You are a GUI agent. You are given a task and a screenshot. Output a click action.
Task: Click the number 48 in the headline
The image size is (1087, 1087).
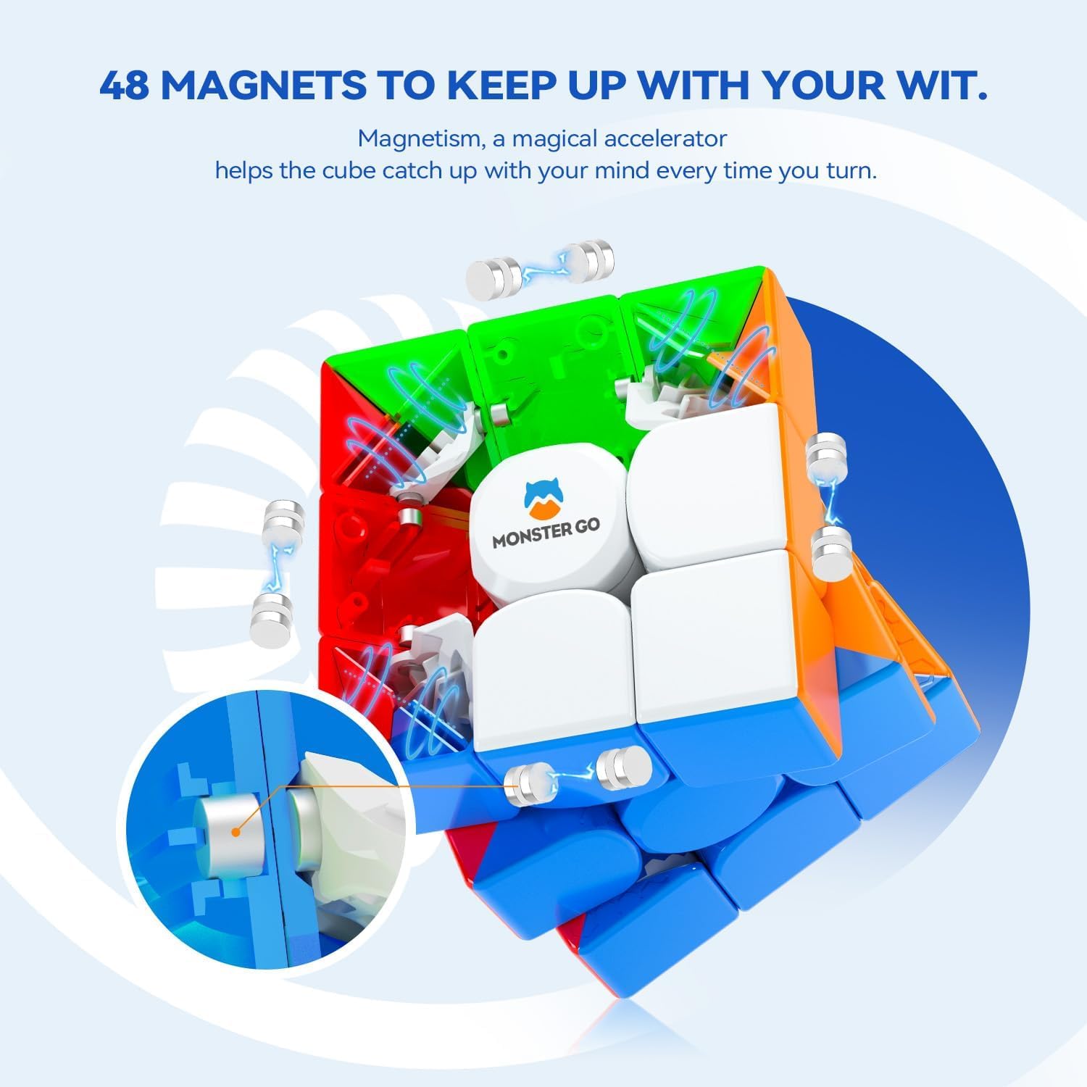[125, 86]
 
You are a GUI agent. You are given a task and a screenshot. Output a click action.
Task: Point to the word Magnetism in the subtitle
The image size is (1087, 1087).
[420, 138]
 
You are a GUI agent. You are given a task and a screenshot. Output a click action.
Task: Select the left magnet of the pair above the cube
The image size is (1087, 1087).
[493, 275]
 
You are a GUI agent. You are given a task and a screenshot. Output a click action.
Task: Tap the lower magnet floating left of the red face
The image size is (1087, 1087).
[269, 622]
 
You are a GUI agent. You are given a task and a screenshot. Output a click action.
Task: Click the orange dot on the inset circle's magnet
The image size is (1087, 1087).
[235, 832]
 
